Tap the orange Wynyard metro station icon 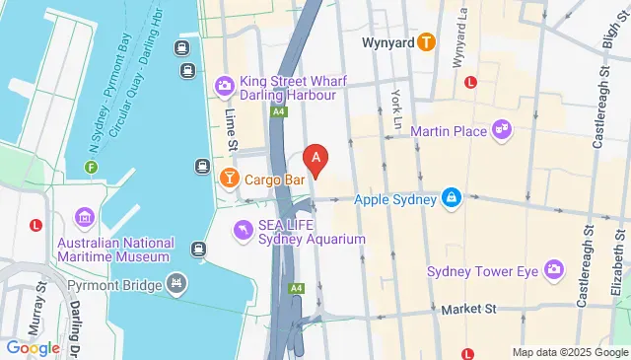(426, 42)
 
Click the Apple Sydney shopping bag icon (451, 198)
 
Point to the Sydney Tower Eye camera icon (553, 269)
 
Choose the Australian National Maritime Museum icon (83, 217)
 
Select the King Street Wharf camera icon (225, 87)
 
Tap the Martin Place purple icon (502, 129)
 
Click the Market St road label (467, 309)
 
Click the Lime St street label (232, 130)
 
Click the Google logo (32, 347)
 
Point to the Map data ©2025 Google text (569, 352)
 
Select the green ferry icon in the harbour (91, 168)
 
